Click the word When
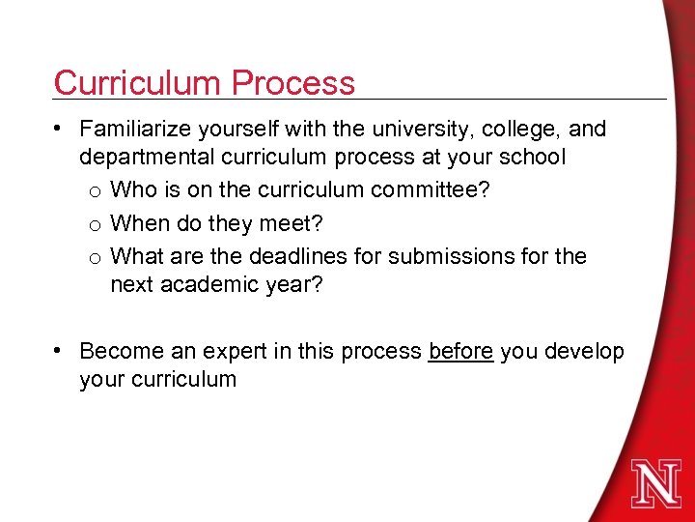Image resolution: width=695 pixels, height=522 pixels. point(141,223)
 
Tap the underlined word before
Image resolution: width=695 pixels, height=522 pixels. point(461,351)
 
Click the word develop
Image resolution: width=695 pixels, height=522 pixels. point(585,351)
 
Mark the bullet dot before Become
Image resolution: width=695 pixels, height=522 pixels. point(61,350)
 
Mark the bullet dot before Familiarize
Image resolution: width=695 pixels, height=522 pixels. point(61,128)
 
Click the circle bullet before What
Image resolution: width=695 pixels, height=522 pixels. point(96,258)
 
